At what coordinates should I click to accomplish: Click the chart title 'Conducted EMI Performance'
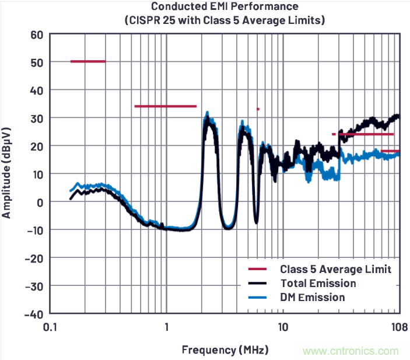pyautogui.click(x=225, y=7)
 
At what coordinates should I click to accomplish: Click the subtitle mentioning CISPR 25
pyautogui.click(x=225, y=20)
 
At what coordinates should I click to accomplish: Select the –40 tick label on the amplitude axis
pyautogui.click(x=33, y=314)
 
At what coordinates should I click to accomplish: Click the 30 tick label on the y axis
pyautogui.click(x=37, y=118)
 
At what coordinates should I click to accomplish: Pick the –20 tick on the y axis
pyautogui.click(x=33, y=258)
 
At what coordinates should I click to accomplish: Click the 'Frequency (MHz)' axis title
pyautogui.click(x=225, y=350)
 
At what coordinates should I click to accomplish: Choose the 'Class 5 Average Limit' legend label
pyautogui.click(x=335, y=269)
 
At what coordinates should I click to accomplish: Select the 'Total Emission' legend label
pyautogui.click(x=318, y=284)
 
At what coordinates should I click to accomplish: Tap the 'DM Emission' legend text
pyautogui.click(x=312, y=298)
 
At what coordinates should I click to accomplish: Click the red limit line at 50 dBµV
pyautogui.click(x=88, y=61)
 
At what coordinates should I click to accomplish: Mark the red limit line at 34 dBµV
pyautogui.click(x=165, y=106)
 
